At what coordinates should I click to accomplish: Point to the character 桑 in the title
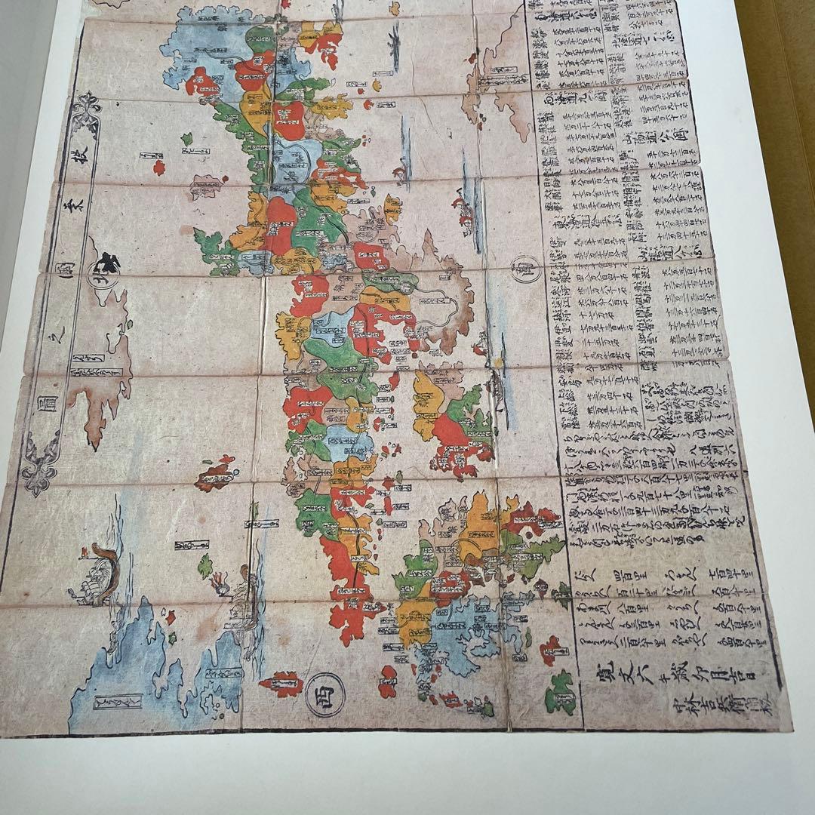tap(73, 207)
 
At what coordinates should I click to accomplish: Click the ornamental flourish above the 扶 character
tap(88, 106)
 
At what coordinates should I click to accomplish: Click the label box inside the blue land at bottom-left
tap(117, 702)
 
